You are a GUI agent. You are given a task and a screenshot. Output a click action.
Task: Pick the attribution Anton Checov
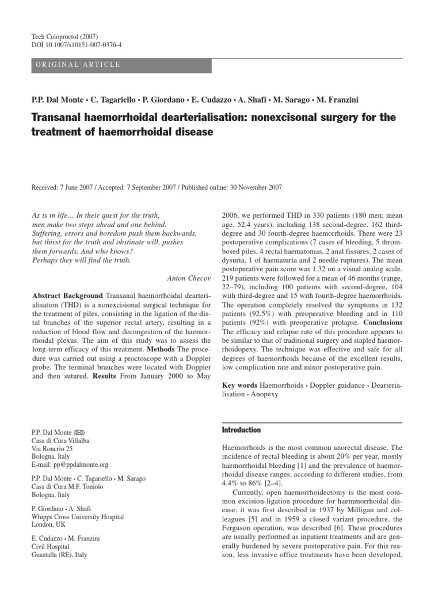[189, 278]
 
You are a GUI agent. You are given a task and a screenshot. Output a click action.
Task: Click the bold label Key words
[240, 383]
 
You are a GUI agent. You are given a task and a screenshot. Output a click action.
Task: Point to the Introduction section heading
[241, 430]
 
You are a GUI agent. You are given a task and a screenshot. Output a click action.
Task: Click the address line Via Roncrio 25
[52, 448]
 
